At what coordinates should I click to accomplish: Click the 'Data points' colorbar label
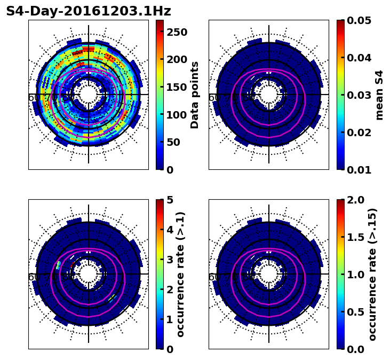click(195, 95)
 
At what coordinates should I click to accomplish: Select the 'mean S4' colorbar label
click(379, 95)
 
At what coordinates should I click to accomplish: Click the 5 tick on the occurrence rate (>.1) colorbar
click(170, 200)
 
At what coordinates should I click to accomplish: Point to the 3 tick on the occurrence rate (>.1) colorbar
click(170, 260)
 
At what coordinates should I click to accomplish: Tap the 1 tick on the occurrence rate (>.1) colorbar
click(170, 319)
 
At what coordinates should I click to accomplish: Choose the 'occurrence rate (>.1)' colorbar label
click(180, 274)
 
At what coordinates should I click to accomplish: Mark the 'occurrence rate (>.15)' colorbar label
click(372, 274)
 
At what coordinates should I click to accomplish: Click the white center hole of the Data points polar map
click(89, 95)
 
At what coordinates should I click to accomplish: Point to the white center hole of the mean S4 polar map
click(269, 95)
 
